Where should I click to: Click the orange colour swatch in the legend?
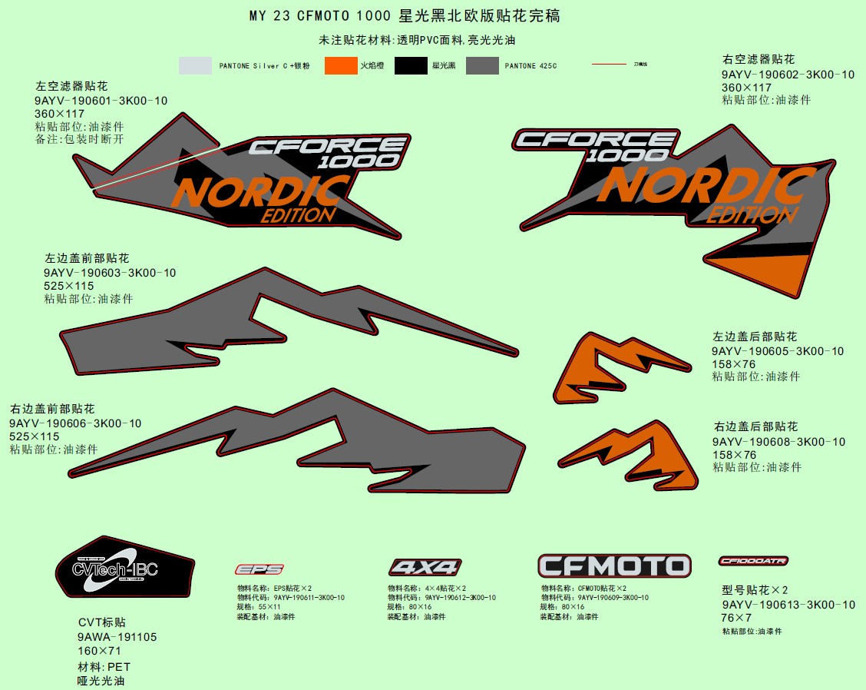(341, 66)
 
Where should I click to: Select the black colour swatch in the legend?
(411, 66)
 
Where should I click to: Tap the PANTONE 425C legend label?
(531, 66)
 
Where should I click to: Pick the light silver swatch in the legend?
(195, 66)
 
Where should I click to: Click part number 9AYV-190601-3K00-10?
(101, 101)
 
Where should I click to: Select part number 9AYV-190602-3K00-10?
(788, 75)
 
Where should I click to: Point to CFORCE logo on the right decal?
(595, 139)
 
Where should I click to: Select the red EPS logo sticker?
(259, 569)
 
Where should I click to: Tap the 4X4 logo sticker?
(425, 568)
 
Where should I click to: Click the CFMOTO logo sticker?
(614, 566)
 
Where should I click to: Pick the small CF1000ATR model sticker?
(753, 561)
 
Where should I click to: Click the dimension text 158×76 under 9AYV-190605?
(733, 364)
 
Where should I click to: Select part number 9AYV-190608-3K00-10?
(778, 442)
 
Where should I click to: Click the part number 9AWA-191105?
(117, 637)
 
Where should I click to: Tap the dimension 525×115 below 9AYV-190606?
(35, 436)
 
